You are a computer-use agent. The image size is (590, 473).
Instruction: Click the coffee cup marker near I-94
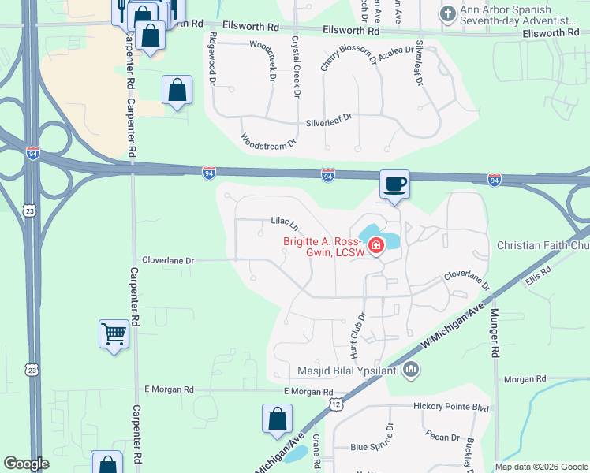point(395,185)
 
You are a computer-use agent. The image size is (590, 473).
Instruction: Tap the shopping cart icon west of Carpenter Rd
point(114,334)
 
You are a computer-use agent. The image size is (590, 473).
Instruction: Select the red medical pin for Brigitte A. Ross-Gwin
point(375,245)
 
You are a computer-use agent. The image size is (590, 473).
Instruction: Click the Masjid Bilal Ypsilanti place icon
point(410,369)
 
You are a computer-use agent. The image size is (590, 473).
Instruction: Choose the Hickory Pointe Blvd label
point(451,408)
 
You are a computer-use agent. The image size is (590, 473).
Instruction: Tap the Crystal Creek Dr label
point(296,67)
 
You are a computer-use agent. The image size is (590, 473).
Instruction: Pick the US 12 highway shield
point(337,404)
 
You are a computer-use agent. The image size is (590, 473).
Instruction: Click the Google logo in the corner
point(27,464)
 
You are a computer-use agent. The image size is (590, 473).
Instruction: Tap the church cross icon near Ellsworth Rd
point(448,13)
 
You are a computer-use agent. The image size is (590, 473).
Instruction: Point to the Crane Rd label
point(316,453)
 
